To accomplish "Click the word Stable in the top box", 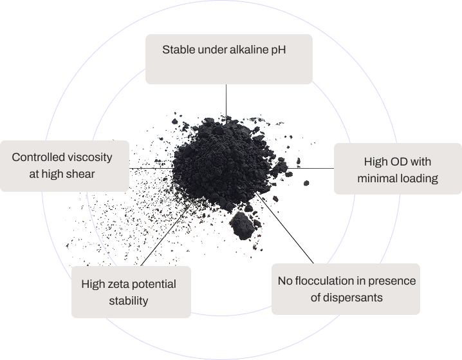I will [x=177, y=49].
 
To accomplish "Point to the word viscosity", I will [x=90, y=156].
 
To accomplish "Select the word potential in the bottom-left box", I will [x=154, y=284].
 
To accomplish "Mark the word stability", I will [x=128, y=301].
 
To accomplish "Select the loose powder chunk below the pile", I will [x=242, y=223].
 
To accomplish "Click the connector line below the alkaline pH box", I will [x=226, y=100].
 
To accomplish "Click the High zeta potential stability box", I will [x=131, y=292].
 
